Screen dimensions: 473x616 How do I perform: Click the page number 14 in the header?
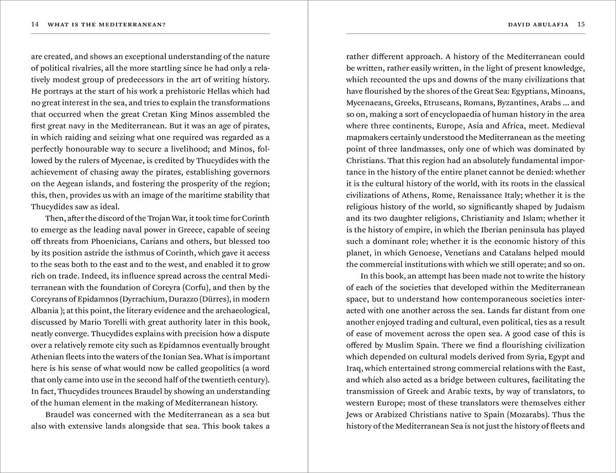click(35, 24)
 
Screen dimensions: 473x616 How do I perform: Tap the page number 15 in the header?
click(581, 24)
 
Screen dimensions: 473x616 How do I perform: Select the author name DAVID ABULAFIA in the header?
click(538, 24)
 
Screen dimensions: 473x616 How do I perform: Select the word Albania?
click(45, 311)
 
